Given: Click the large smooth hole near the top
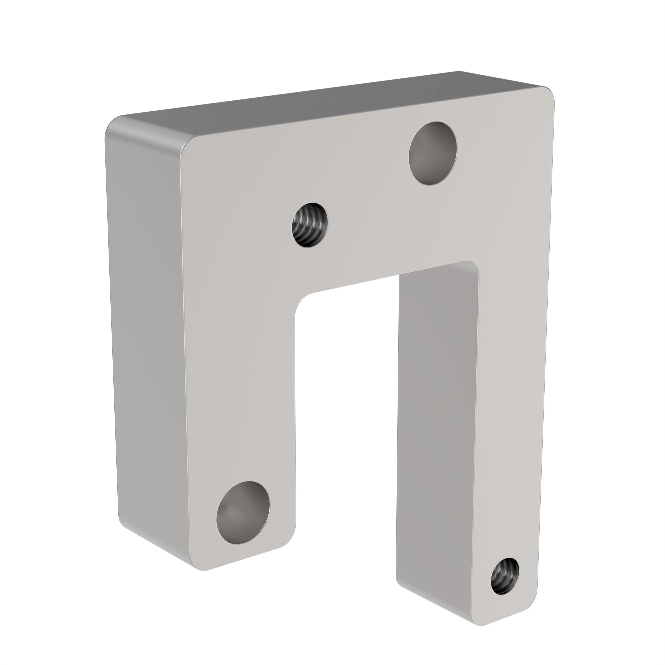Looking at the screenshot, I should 433,153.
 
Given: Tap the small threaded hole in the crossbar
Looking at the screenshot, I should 310,225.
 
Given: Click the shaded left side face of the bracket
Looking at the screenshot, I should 148,344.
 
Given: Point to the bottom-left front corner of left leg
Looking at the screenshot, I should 203,568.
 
